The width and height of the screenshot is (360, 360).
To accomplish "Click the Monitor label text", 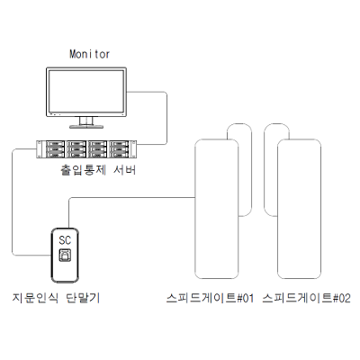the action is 89,54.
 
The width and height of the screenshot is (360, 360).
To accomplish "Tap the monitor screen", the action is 86,91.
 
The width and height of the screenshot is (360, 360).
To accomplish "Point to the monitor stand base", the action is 86,127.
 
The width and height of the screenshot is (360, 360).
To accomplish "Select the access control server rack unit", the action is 86,149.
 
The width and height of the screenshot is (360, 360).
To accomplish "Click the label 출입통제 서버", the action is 98,170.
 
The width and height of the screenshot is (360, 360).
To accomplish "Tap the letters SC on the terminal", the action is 65,240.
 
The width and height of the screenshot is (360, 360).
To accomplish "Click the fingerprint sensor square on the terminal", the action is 65,255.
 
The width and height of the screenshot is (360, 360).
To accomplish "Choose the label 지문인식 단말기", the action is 56,298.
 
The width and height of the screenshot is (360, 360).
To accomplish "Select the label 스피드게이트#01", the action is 210,298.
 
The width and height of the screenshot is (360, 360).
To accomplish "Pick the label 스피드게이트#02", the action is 307,298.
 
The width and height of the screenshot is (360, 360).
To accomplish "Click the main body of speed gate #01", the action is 217,209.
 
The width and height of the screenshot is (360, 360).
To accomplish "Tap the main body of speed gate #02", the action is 299,209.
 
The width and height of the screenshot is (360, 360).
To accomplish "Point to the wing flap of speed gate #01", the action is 251,170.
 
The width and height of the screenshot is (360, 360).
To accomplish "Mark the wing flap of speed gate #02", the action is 265,170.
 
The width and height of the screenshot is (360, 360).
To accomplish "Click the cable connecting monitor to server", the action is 166,118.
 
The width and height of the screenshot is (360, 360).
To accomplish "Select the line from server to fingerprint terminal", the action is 13,202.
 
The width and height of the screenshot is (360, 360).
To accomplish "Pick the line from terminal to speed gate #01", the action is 132,197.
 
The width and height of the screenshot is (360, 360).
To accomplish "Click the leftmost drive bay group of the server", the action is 55,148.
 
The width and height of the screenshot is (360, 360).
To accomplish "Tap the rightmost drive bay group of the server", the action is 119,148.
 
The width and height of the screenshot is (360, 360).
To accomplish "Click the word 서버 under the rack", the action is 125,170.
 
